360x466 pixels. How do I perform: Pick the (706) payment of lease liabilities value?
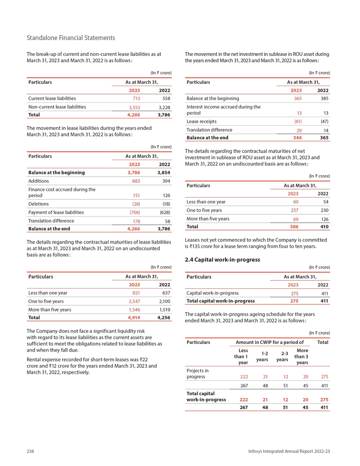coord(134,212)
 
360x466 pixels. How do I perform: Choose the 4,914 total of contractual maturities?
coord(134,317)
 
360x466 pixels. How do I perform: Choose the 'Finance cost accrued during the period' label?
coord(62,192)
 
